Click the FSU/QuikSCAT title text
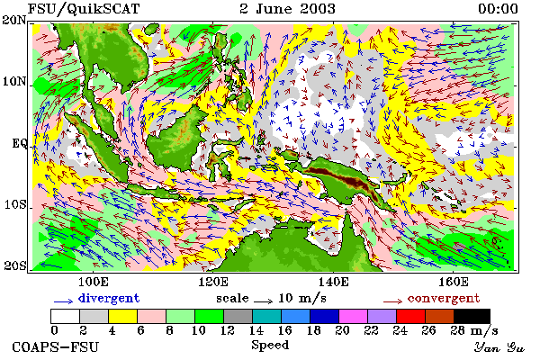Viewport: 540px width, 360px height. tap(84, 9)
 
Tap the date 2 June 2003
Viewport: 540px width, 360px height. tap(288, 9)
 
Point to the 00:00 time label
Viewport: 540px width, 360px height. tap(498, 9)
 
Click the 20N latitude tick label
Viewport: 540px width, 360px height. tap(14, 20)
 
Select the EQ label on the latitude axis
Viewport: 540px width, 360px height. tap(19, 143)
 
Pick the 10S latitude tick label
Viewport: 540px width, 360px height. tap(14, 204)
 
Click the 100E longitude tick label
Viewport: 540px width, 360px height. tap(94, 282)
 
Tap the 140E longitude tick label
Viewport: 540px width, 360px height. tap(333, 282)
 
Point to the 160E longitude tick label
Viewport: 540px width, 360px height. tap(454, 282)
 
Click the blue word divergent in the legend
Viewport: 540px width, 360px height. tap(109, 298)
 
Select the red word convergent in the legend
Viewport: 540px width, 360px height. tap(444, 298)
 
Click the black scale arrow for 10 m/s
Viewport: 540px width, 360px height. tap(264, 301)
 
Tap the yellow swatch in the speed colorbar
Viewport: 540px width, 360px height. tap(123, 316)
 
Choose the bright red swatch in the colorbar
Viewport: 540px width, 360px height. tap(411, 316)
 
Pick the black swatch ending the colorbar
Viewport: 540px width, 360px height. tap(472, 316)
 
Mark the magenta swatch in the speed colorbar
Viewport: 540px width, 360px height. tap(354, 316)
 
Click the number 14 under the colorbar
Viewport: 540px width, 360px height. tap(256, 330)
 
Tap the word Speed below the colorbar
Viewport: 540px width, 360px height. tap(270, 346)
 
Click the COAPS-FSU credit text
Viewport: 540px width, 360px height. tap(56, 347)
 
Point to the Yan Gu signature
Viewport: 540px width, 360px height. tap(499, 347)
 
